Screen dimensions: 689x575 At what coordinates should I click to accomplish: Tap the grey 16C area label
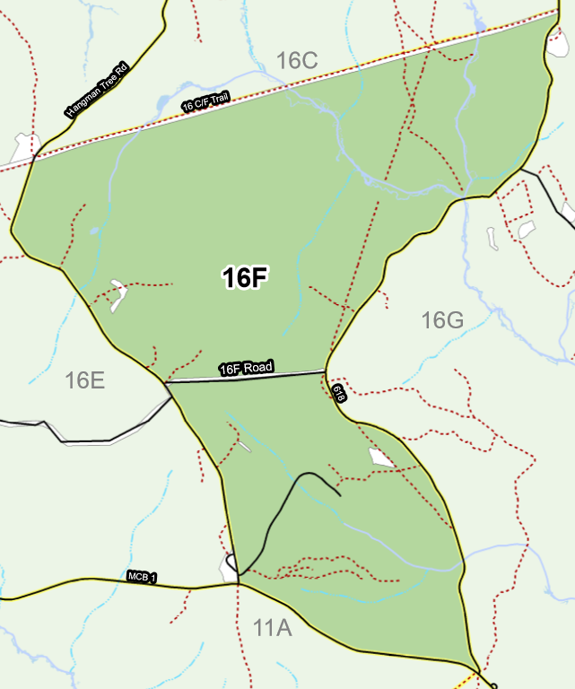[297, 61]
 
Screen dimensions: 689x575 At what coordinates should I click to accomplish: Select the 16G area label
[441, 320]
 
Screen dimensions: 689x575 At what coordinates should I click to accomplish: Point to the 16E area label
[85, 380]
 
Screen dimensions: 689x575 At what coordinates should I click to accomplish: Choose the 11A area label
[272, 628]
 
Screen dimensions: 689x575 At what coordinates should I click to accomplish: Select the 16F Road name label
[247, 368]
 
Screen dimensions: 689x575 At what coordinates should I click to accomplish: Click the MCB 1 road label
[142, 577]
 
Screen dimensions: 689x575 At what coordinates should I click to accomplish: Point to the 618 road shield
[338, 394]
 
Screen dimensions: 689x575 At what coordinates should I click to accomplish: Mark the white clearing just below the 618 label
[381, 458]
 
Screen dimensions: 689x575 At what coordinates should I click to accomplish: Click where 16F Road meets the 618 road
[325, 371]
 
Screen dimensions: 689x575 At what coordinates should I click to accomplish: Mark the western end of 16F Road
[167, 382]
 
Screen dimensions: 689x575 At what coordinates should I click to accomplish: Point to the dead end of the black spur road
[340, 494]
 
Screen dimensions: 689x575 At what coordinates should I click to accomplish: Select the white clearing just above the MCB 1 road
[227, 566]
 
